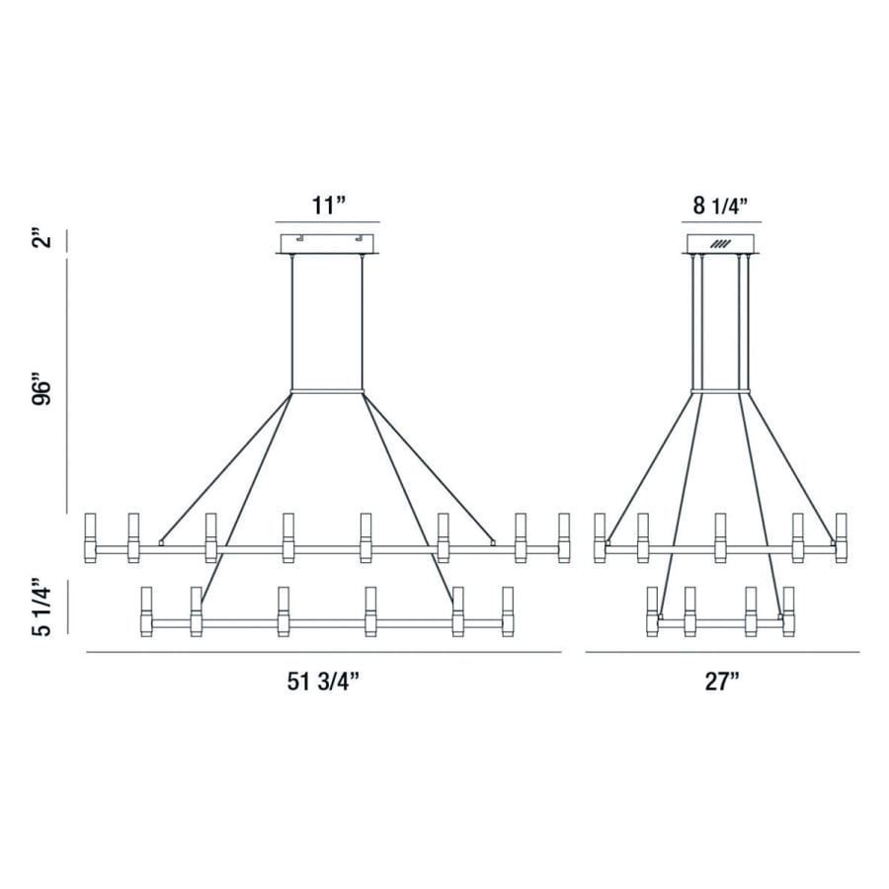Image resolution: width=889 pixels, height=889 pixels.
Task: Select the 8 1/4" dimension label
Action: (720, 205)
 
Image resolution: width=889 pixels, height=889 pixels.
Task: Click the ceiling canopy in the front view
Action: (327, 243)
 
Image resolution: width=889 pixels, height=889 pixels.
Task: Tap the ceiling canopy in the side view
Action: (720, 244)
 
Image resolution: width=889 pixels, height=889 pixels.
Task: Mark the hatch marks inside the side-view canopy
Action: (720, 244)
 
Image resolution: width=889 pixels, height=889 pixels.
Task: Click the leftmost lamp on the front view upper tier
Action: (90, 537)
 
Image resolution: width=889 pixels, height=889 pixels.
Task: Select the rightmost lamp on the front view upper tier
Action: (564, 537)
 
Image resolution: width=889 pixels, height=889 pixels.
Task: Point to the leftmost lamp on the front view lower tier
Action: (147, 611)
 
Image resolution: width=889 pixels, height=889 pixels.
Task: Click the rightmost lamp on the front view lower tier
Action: (508, 611)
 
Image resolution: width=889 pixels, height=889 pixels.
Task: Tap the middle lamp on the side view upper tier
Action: (720, 537)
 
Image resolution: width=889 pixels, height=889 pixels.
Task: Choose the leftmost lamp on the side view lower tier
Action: (652, 611)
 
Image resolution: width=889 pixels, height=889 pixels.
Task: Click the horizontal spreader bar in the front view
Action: (327, 391)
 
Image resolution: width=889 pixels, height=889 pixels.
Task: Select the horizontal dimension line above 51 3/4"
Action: (324, 653)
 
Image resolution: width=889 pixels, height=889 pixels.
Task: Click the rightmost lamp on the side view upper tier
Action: (842, 537)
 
